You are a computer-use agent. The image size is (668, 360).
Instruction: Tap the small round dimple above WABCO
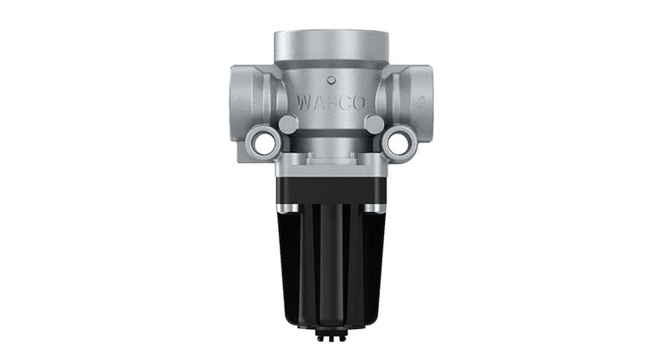(x=331, y=81)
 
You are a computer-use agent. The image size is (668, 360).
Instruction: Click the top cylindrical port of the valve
(x=331, y=50)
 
